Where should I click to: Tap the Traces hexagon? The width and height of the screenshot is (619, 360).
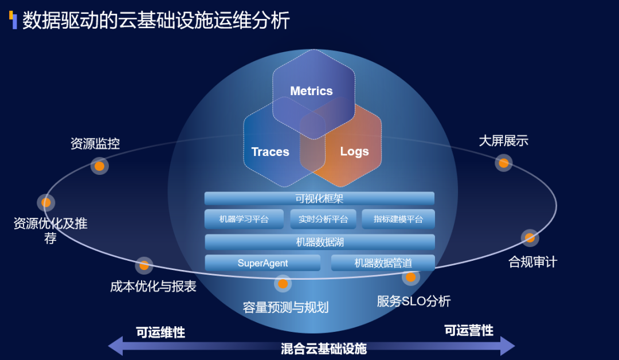click(x=271, y=152)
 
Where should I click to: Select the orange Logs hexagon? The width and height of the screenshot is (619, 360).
click(x=354, y=152)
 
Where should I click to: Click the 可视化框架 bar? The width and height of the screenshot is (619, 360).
click(x=319, y=198)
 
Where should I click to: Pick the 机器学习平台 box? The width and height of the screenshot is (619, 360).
click(x=244, y=219)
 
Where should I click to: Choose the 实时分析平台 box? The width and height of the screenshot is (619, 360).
click(x=323, y=219)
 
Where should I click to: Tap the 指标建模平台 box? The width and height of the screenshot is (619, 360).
click(x=398, y=219)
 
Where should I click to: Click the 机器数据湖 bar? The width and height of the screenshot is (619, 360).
click(x=319, y=242)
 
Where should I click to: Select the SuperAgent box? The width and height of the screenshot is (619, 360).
click(x=263, y=263)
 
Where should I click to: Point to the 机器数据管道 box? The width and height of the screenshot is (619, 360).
click(x=383, y=263)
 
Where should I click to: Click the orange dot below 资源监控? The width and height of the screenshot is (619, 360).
click(x=100, y=166)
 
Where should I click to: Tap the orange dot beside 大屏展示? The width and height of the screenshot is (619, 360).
click(x=503, y=163)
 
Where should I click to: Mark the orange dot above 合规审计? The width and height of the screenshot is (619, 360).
click(x=530, y=237)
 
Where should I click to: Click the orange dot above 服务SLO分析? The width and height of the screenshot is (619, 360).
click(x=410, y=277)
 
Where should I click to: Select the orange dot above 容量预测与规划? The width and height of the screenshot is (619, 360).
click(x=282, y=283)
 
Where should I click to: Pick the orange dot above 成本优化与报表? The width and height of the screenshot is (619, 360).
click(x=144, y=265)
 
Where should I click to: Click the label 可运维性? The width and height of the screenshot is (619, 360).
click(x=160, y=332)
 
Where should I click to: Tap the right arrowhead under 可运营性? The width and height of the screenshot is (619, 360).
click(x=507, y=346)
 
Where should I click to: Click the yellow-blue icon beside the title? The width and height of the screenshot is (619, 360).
click(x=13, y=20)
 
